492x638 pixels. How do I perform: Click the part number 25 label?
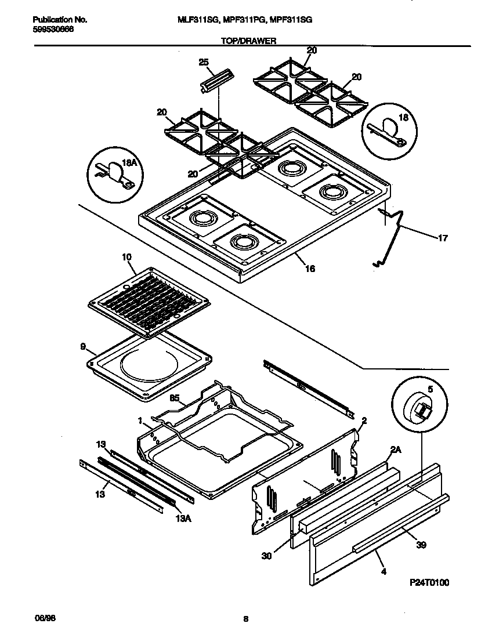(x=203, y=62)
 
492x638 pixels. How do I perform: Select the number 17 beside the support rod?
(x=443, y=237)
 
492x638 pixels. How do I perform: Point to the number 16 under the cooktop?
(x=310, y=269)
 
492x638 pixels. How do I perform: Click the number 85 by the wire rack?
(x=173, y=398)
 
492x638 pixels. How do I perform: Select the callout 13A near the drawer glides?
(x=182, y=519)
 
